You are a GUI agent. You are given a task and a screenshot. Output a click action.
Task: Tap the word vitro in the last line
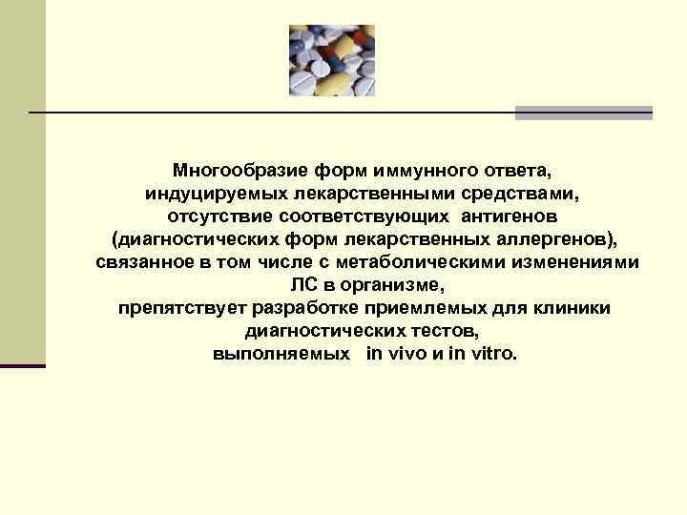coord(491,353)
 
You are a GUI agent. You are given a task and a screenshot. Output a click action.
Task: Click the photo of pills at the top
coord(331,61)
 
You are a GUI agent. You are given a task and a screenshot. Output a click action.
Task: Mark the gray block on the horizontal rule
coord(583,113)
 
